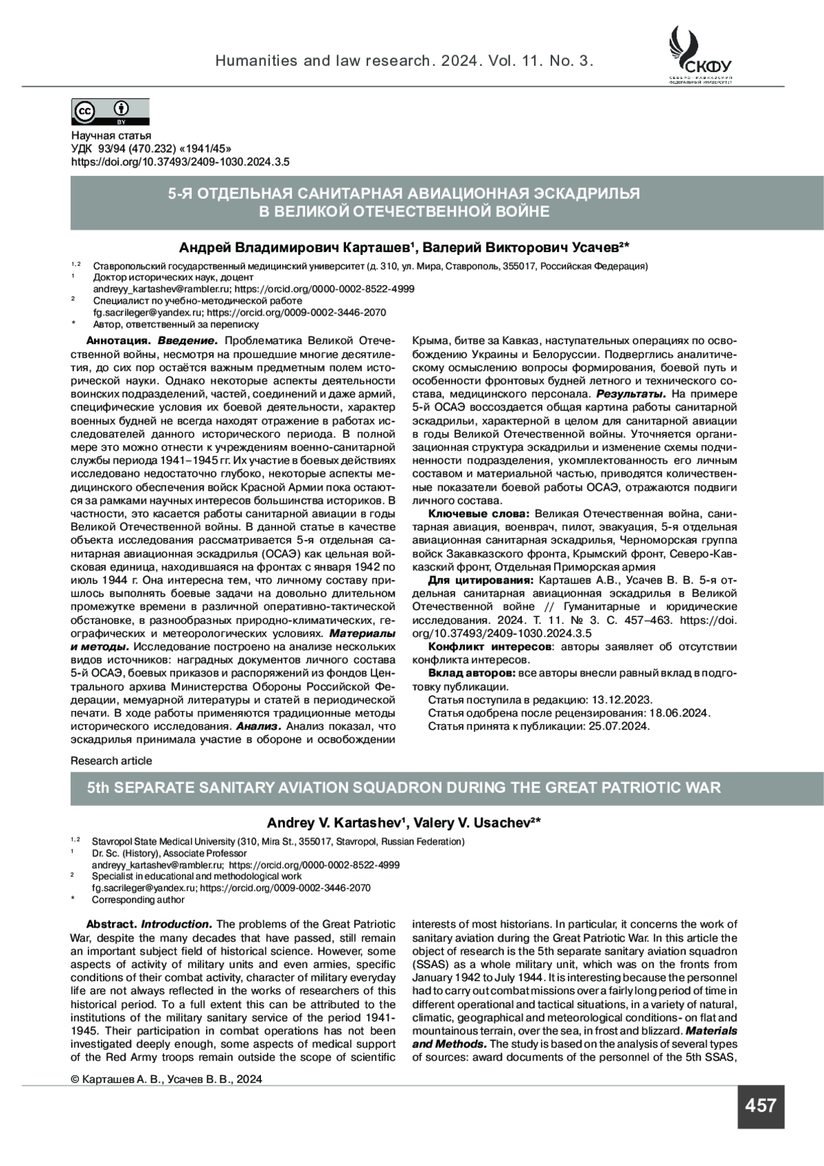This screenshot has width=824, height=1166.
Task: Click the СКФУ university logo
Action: pyautogui.click(x=700, y=55)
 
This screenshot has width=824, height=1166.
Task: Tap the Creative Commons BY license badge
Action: pyautogui.click(x=110, y=112)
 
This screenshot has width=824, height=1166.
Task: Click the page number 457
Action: pyautogui.click(x=760, y=1106)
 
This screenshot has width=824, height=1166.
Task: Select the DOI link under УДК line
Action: pyautogui.click(x=180, y=162)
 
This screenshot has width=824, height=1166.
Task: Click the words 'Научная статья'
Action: pyautogui.click(x=111, y=136)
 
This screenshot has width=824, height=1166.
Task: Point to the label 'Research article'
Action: pyautogui.click(x=111, y=761)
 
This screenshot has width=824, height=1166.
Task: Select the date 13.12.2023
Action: pyautogui.click(x=621, y=699)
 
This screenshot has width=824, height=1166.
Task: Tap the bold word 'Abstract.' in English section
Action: pyautogui.click(x=111, y=924)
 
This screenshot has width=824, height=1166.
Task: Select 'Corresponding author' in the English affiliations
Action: pyautogui.click(x=138, y=900)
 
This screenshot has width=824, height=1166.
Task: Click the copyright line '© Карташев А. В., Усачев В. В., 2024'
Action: pyautogui.click(x=166, y=1079)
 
